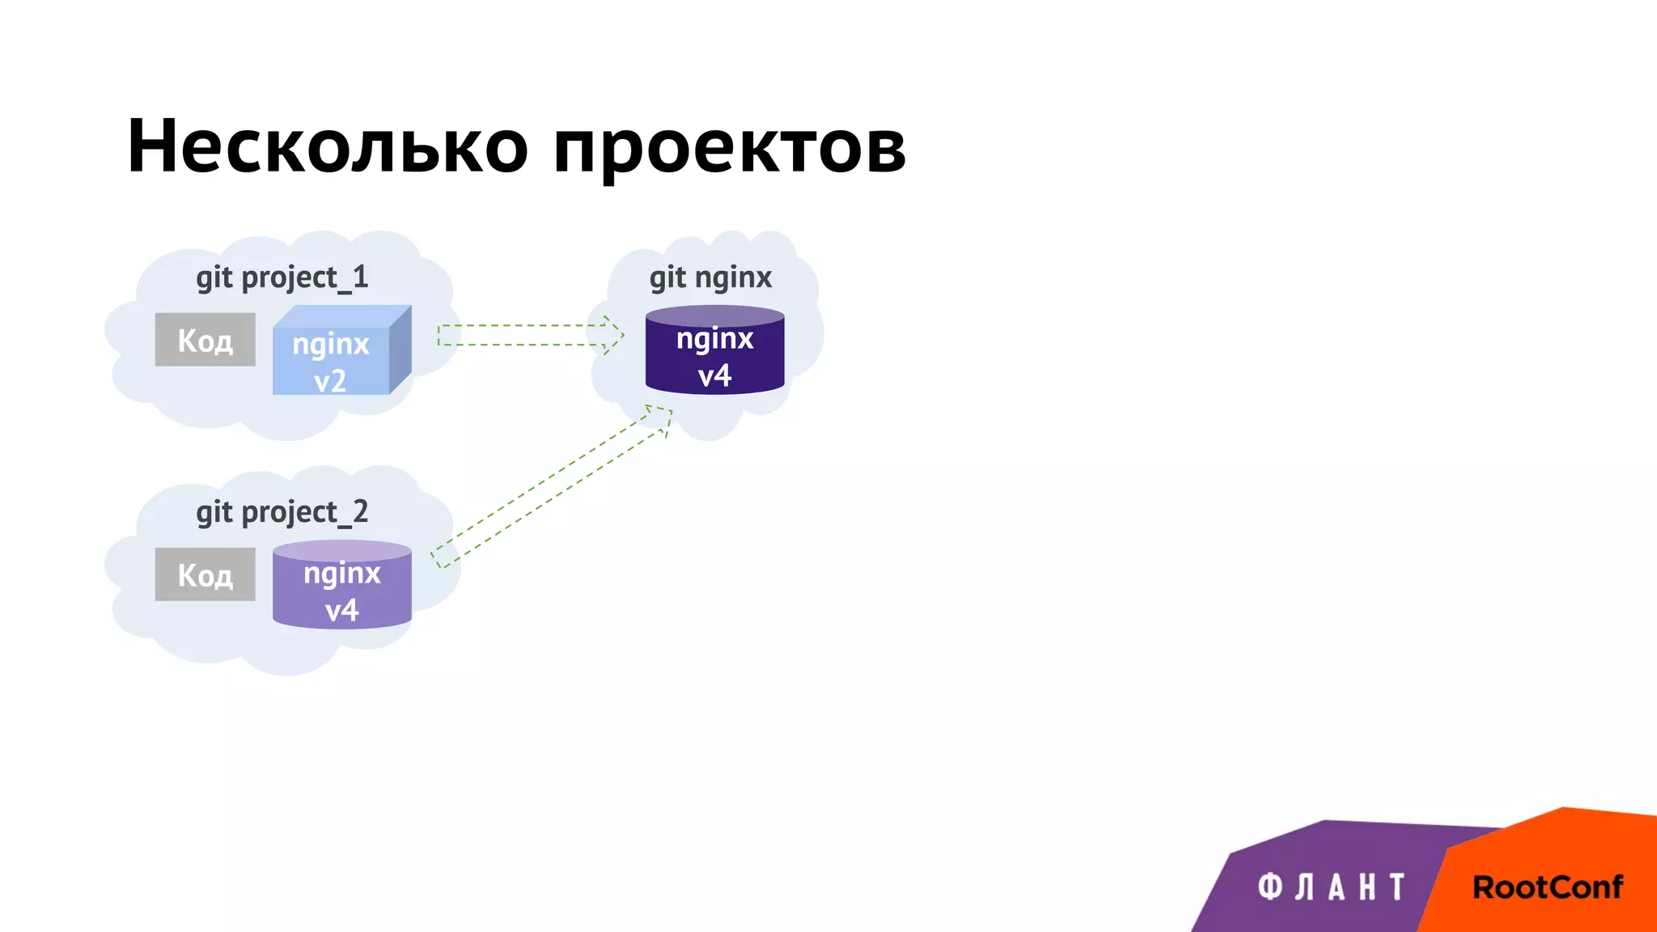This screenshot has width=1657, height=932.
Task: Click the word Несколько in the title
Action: click(x=327, y=146)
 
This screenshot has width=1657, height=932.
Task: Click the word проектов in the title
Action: click(x=729, y=150)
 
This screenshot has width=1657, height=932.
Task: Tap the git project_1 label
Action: click(x=282, y=277)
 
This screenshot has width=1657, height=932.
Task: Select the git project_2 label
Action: click(x=282, y=512)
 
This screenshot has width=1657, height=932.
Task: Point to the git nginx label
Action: click(x=710, y=277)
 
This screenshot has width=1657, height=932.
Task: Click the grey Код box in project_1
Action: click(x=205, y=340)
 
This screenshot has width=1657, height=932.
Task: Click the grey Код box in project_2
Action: click(x=205, y=574)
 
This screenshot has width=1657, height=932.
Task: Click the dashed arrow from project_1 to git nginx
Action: click(x=522, y=335)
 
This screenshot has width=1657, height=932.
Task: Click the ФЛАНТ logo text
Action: click(x=1331, y=888)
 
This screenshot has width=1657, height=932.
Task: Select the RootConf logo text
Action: click(x=1547, y=888)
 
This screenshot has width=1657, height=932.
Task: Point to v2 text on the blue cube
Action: click(x=330, y=380)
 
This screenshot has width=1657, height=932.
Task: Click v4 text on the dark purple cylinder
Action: click(x=714, y=375)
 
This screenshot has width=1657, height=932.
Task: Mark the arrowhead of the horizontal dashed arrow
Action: click(x=613, y=335)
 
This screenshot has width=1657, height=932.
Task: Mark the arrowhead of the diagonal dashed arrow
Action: click(x=660, y=417)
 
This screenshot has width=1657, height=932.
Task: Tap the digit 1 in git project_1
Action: click(x=360, y=277)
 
